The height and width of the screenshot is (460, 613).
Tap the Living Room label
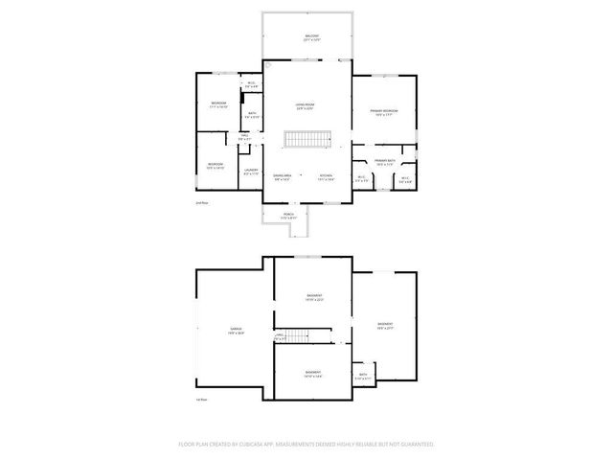point(306,105)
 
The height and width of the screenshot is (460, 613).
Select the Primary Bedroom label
point(385,112)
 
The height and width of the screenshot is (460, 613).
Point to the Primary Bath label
point(385,161)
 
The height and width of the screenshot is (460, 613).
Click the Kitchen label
point(326,177)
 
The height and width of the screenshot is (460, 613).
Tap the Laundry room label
point(251,172)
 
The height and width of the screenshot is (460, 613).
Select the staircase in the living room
point(306,140)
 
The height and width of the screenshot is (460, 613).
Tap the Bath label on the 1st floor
point(363,376)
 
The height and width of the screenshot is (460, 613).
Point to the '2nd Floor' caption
point(201,203)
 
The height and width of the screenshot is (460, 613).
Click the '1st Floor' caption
point(201,400)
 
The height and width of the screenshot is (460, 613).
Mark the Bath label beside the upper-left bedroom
point(252,115)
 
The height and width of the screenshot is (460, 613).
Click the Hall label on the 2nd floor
point(245,137)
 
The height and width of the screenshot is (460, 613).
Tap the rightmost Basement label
point(385,326)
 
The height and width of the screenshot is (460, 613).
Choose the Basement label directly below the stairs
point(313,374)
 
